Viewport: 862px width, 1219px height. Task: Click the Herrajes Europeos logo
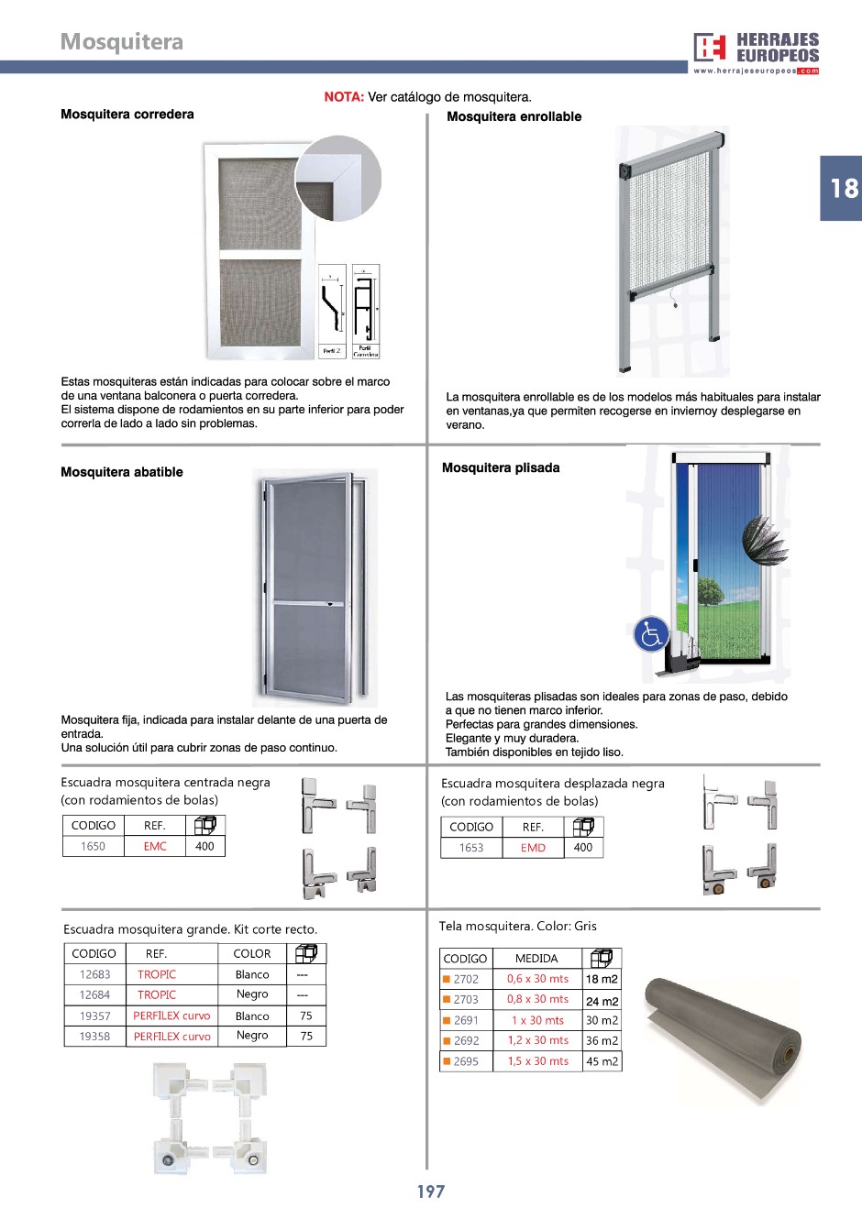[x=756, y=52]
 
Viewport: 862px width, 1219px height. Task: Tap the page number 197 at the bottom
[x=431, y=1192]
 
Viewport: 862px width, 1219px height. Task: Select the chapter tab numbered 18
[x=842, y=189]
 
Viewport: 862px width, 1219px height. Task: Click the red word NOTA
[x=344, y=97]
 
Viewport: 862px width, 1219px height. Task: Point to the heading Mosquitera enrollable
[x=514, y=116]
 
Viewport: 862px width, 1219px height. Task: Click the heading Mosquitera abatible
[x=122, y=472]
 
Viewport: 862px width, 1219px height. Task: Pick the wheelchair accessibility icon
[x=651, y=634]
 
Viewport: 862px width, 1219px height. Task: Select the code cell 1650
[x=93, y=846]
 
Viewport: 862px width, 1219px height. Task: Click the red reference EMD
[x=533, y=848]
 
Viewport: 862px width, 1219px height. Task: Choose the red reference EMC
[x=155, y=846]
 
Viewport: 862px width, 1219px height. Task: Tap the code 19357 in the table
[x=94, y=1016]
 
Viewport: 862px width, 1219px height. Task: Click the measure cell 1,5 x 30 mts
[x=537, y=1061]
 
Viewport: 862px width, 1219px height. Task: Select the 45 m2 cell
[x=602, y=1061]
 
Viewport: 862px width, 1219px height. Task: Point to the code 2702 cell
[x=466, y=979]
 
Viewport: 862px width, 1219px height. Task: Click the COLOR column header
[x=252, y=953]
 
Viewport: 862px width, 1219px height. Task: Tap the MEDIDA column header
[x=536, y=958]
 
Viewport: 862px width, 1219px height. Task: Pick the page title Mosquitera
[x=122, y=42]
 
